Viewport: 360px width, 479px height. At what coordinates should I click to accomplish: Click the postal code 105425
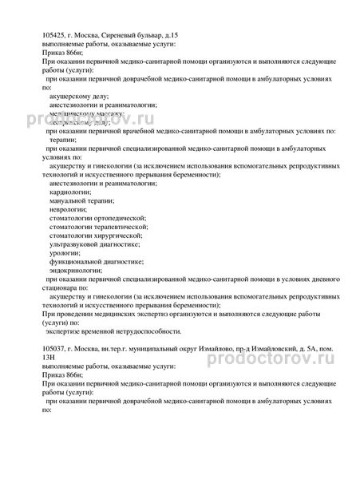[x=53, y=37]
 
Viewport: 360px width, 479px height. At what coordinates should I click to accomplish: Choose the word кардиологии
[x=72, y=192]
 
